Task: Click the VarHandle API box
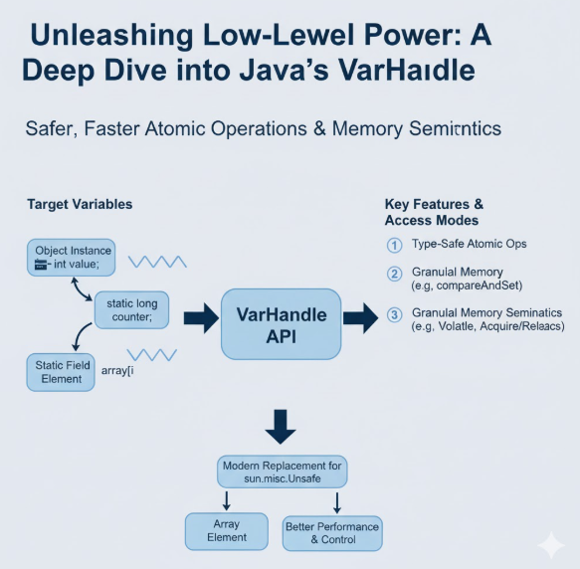click(x=282, y=324)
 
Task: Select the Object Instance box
click(x=72, y=258)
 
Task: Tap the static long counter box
click(x=131, y=310)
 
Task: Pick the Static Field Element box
click(x=61, y=372)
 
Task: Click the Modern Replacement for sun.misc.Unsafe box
click(x=282, y=472)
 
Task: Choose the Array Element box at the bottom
click(x=227, y=531)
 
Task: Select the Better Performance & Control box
click(x=332, y=533)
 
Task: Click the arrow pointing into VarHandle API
click(x=202, y=318)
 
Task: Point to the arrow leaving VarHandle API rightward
click(x=361, y=318)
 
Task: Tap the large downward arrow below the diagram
click(x=281, y=427)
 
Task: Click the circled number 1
click(x=394, y=246)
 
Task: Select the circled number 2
click(x=394, y=275)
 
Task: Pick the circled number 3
click(x=394, y=315)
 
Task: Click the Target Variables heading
click(x=80, y=204)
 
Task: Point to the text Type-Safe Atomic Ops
click(x=469, y=244)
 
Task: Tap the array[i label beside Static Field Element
click(x=117, y=370)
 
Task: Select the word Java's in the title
click(x=284, y=70)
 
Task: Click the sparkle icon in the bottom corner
click(x=551, y=544)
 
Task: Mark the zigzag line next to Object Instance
click(x=157, y=262)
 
